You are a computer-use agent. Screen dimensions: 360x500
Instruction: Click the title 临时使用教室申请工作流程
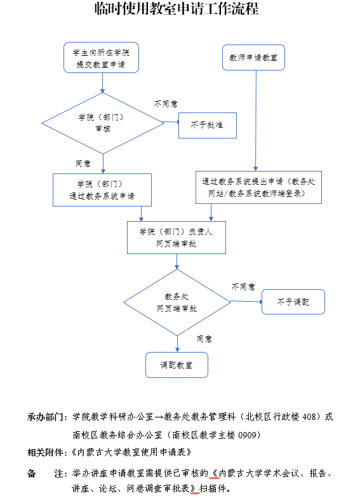[177, 9]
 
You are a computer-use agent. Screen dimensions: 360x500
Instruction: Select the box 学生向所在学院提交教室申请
[102, 58]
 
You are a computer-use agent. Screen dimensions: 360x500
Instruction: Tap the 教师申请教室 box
[253, 58]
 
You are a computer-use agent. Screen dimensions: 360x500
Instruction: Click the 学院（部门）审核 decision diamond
[103, 123]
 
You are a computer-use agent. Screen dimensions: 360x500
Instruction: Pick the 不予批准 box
[208, 125]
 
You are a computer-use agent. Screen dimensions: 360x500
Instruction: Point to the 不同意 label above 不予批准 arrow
[166, 104]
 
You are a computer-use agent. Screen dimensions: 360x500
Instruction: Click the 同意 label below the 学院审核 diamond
[83, 163]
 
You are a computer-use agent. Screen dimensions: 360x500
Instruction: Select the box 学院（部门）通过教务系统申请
[102, 190]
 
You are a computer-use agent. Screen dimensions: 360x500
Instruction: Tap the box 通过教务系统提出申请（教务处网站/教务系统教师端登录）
[258, 187]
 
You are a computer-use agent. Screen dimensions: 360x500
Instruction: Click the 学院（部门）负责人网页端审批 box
[177, 238]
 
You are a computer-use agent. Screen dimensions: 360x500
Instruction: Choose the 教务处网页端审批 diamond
[177, 302]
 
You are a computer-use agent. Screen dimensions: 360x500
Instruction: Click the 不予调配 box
[293, 302]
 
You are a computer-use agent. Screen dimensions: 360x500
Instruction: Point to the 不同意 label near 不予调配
[243, 287]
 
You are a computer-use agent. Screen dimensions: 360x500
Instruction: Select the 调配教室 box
[177, 365]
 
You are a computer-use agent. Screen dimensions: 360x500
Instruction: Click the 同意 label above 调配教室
[204, 339]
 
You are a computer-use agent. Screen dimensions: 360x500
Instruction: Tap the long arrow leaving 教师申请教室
[256, 121]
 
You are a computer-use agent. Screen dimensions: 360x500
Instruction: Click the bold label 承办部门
[46, 417]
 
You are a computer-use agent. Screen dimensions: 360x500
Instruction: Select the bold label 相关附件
[46, 452]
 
